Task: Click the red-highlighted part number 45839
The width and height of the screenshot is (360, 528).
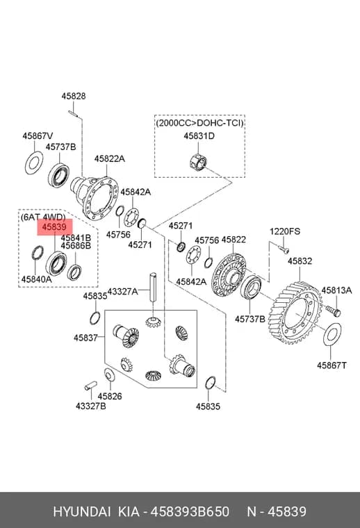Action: [x=54, y=227]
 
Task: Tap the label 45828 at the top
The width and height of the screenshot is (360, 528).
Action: [x=74, y=96]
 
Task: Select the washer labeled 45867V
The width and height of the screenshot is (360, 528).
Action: [x=34, y=163]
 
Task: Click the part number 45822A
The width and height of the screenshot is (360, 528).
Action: [x=109, y=158]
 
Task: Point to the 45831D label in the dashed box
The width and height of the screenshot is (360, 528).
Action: [x=199, y=136]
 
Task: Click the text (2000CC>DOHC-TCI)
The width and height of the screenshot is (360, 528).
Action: [x=199, y=122]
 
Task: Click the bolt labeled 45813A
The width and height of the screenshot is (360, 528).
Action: [x=333, y=311]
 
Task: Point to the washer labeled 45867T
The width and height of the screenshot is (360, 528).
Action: [x=332, y=334]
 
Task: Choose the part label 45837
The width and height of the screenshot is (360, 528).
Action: [x=85, y=338]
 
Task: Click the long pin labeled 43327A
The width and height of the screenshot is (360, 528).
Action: [x=153, y=286]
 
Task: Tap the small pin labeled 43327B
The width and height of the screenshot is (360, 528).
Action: [x=90, y=385]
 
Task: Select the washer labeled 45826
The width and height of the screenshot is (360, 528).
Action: [x=109, y=374]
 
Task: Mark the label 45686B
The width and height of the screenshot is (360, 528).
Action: [x=76, y=246]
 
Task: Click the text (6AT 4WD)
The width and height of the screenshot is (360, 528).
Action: [x=43, y=217]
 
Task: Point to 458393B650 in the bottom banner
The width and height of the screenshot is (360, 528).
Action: [x=190, y=511]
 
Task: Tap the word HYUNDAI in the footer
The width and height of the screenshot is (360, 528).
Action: [x=82, y=511]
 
